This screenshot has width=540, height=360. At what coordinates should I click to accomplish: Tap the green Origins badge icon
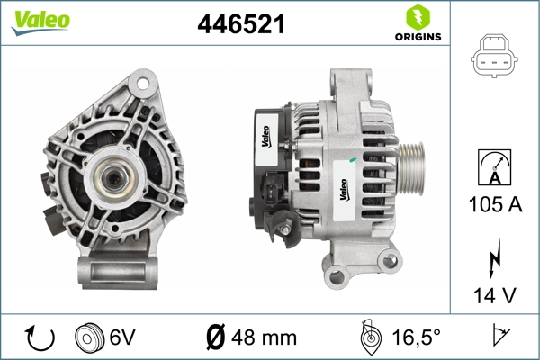pos(418,16)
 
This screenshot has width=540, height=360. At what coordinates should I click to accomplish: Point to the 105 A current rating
pos(495,204)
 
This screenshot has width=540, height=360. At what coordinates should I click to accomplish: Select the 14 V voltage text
pos(495,293)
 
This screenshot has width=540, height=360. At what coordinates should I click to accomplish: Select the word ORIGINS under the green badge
pos(418,37)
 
